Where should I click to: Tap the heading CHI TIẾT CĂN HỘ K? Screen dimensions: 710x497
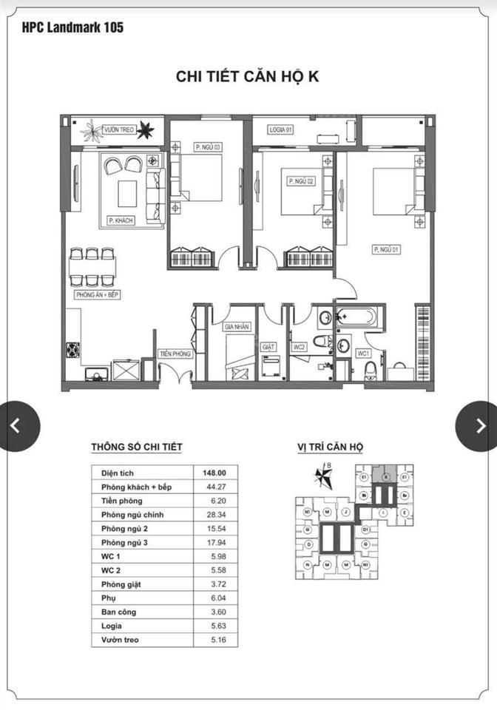click(x=247, y=77)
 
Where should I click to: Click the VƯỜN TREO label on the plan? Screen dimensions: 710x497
click(x=119, y=129)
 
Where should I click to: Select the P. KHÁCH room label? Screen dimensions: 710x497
click(x=121, y=220)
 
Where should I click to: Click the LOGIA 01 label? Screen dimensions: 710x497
click(x=281, y=129)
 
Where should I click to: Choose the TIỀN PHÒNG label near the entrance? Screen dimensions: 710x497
click(x=176, y=354)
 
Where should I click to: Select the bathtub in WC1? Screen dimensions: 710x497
click(x=357, y=318)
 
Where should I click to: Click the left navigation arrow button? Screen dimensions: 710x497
click(x=16, y=425)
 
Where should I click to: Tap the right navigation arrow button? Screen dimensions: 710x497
click(x=479, y=425)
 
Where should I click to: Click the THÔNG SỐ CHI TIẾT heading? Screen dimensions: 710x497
click(x=136, y=447)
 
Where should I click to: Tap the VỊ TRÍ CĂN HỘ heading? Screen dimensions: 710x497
click(x=325, y=447)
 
